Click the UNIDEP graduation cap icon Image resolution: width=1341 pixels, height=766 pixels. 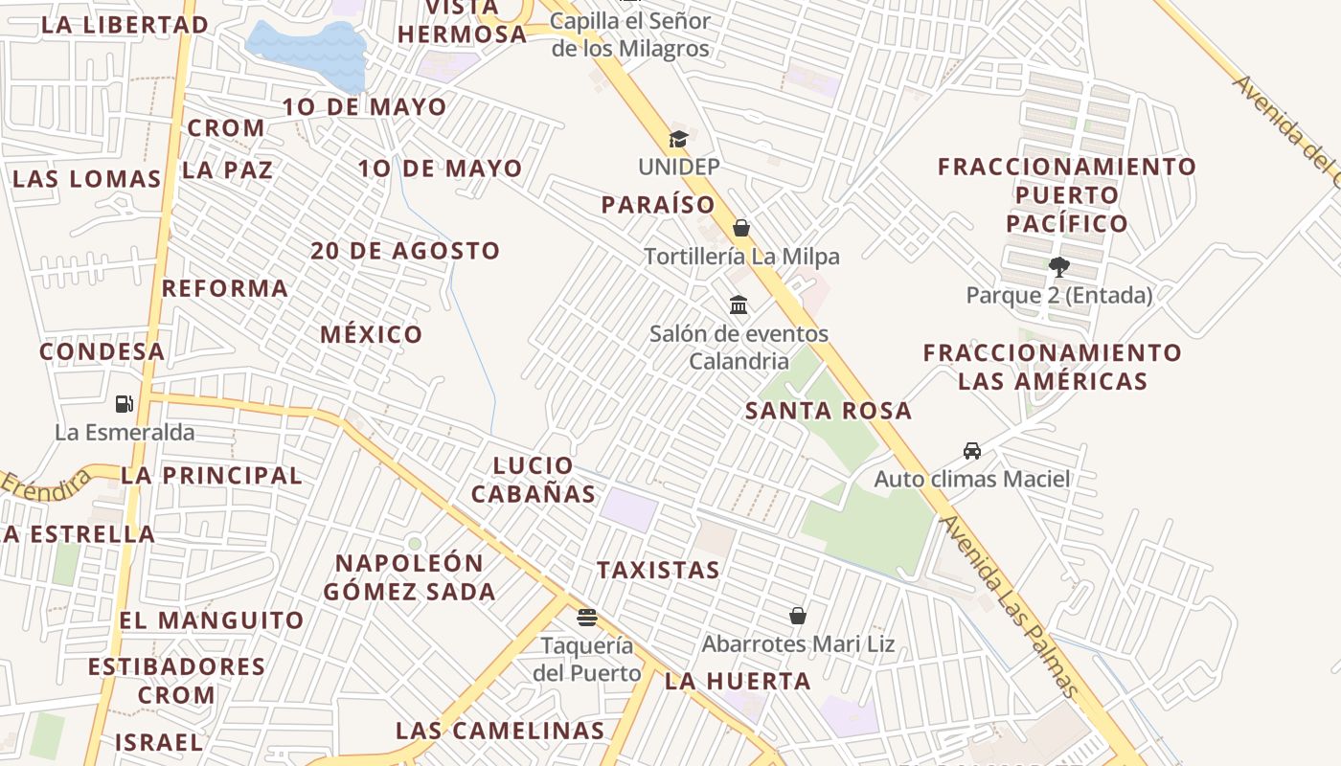tap(678, 140)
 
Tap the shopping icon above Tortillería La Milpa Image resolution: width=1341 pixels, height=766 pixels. tap(740, 228)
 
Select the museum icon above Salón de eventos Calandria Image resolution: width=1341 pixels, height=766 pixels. tap(739, 305)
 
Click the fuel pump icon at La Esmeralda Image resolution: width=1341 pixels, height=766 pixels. tap(124, 404)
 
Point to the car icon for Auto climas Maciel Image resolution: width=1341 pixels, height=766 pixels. tap(971, 450)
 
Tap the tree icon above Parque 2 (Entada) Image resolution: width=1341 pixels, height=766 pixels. tap(1058, 266)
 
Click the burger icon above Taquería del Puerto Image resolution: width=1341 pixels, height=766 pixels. tap(586, 617)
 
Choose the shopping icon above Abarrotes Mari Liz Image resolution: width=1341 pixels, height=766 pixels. tap(797, 616)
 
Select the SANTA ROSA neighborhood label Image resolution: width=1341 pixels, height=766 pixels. tap(829, 411)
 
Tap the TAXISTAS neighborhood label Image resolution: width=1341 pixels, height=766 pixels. tap(658, 571)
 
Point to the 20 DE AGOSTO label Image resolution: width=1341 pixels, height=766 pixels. tap(404, 251)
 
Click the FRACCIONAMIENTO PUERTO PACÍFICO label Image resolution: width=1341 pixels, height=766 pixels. tap(1066, 195)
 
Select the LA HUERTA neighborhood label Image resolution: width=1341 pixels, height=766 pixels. tap(738, 682)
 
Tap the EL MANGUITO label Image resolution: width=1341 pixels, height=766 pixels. tap(212, 620)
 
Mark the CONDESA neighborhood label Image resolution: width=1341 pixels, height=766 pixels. tap(102, 351)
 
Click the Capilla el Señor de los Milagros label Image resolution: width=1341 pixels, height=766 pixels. tap(630, 34)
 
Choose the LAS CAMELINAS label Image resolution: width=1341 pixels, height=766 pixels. tap(500, 731)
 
